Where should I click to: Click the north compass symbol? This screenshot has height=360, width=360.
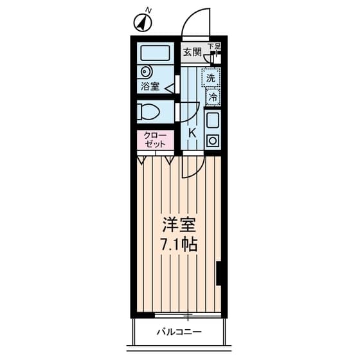143,22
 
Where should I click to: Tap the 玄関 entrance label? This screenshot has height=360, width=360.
192,53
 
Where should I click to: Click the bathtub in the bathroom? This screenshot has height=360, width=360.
155,53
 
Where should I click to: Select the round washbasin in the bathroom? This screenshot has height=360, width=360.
145,71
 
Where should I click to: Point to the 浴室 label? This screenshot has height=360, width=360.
150,87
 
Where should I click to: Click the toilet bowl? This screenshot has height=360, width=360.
148,113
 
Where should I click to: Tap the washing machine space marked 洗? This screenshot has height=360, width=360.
212,77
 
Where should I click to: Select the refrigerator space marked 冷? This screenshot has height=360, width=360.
213,97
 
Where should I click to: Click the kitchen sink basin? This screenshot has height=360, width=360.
213,121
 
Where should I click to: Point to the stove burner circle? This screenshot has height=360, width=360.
213,141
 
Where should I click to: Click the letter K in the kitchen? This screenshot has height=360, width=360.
192,133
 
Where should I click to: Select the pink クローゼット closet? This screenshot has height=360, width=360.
155,140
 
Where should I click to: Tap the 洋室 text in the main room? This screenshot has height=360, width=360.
179,225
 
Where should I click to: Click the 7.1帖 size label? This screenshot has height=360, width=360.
179,244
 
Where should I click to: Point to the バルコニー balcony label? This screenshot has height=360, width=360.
179,332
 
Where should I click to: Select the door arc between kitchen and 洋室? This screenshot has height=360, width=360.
197,170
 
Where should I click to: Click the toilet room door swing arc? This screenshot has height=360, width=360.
194,115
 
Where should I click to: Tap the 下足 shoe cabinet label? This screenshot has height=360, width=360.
214,46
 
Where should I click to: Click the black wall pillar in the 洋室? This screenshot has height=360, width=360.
219,273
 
